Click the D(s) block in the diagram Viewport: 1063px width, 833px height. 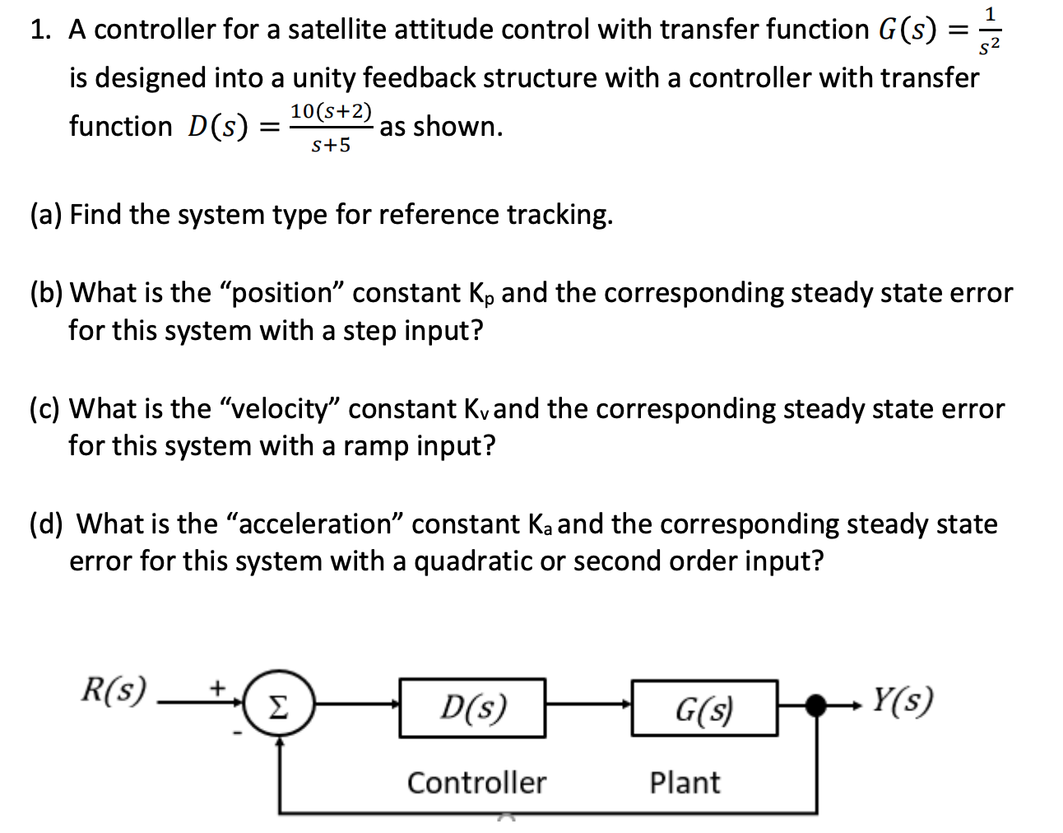[x=472, y=707]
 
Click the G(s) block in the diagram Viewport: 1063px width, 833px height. [x=704, y=707]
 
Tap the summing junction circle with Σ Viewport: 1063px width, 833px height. [x=280, y=707]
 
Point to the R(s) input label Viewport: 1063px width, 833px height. [x=114, y=689]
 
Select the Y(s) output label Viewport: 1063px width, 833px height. [x=903, y=700]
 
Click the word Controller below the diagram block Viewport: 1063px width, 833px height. [x=476, y=782]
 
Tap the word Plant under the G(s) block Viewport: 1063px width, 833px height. [x=685, y=782]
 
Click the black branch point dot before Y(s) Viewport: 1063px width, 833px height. [x=815, y=705]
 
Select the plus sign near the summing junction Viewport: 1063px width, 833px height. [x=219, y=685]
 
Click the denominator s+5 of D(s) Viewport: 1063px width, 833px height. [x=331, y=146]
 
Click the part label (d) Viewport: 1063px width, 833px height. [x=46, y=524]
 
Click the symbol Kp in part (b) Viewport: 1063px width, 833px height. [x=477, y=294]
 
